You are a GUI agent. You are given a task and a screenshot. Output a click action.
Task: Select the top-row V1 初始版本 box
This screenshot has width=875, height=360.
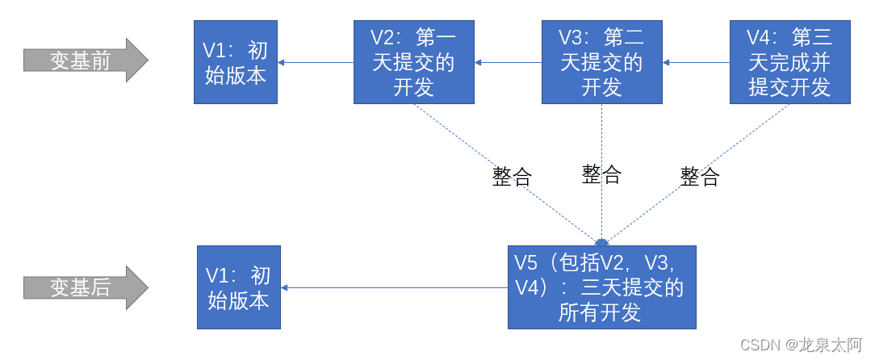[x=235, y=62]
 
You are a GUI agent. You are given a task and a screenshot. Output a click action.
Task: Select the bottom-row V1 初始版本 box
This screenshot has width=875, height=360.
[x=239, y=287]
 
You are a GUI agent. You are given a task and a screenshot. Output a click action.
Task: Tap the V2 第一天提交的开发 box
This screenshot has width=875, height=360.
[x=414, y=62]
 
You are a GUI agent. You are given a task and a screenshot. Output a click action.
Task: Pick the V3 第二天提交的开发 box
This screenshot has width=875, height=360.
[x=602, y=62]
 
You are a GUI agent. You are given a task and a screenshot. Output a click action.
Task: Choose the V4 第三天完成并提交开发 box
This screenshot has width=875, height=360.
[x=789, y=62]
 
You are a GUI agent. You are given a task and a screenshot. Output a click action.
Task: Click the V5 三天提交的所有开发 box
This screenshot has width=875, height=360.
[x=601, y=287]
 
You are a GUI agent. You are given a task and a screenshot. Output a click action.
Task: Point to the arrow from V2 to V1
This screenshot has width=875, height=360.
[x=316, y=62]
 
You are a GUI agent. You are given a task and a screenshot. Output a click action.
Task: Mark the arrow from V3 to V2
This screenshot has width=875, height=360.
[x=508, y=62]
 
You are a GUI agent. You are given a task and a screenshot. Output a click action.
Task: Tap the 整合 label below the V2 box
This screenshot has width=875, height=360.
[x=512, y=177]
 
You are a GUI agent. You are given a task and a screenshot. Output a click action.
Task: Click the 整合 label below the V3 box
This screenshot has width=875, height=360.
[x=601, y=174]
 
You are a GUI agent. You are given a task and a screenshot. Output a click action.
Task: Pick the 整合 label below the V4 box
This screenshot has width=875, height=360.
[x=700, y=177]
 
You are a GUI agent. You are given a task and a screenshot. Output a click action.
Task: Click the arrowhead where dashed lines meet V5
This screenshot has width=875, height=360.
[x=602, y=241]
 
